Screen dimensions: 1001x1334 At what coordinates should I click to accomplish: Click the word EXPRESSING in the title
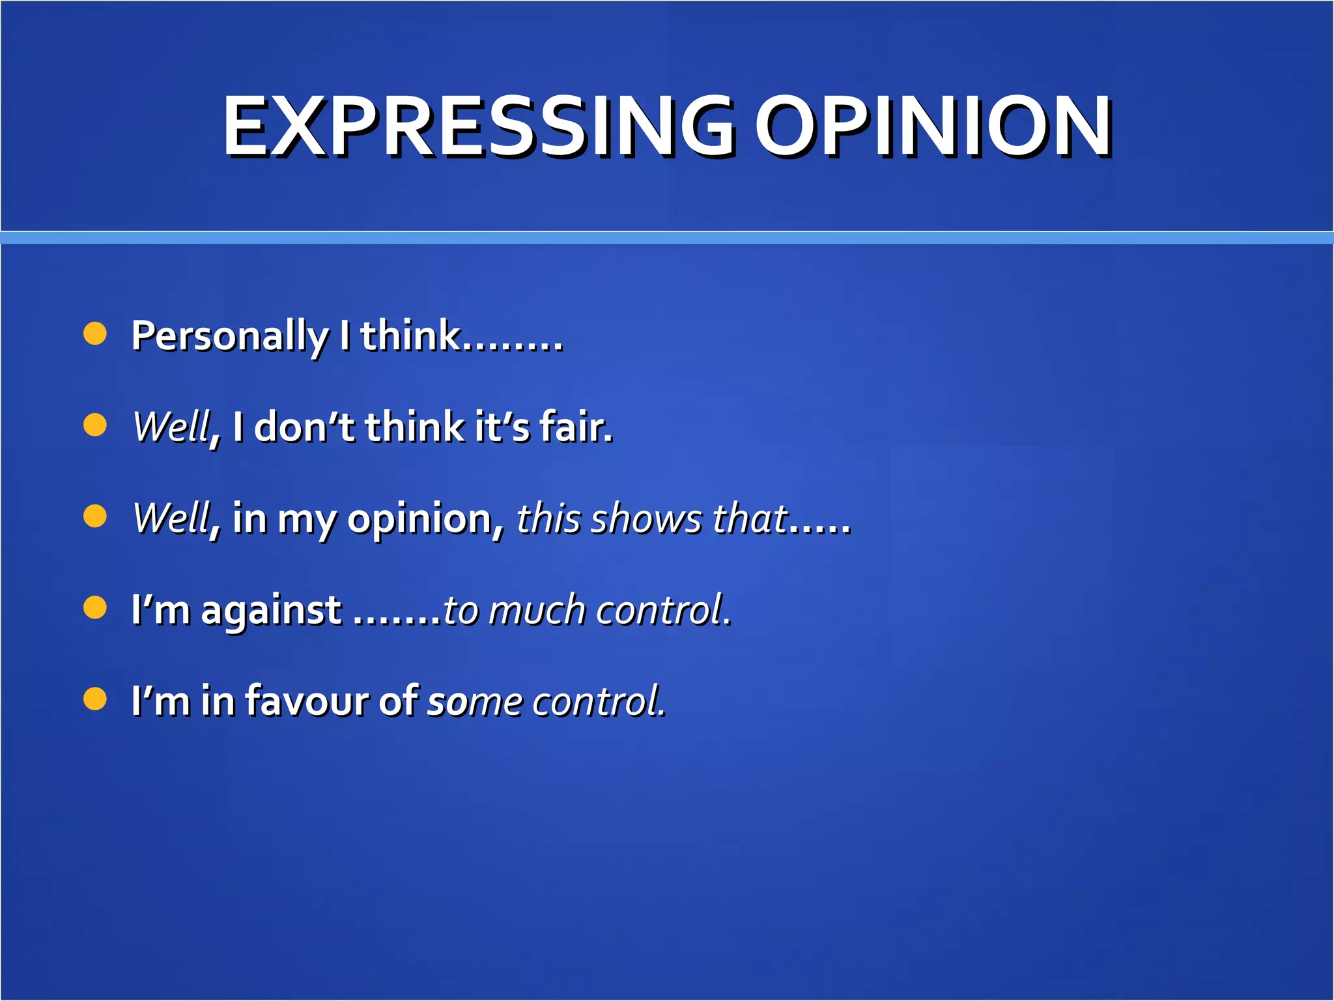pyautogui.click(x=479, y=126)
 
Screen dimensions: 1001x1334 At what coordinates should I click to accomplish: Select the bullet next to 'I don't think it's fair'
pyautogui.click(x=95, y=425)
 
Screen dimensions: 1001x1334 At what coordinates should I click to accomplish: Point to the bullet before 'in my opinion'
pyautogui.click(x=95, y=516)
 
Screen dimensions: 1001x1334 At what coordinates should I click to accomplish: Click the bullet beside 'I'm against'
pyautogui.click(x=95, y=607)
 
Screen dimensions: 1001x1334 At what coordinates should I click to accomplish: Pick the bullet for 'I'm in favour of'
pyautogui.click(x=95, y=699)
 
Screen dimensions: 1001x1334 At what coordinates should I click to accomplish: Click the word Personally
pyautogui.click(x=229, y=336)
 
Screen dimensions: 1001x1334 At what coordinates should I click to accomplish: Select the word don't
pyautogui.click(x=304, y=428)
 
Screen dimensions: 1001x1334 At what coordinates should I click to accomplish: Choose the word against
pyautogui.click(x=271, y=611)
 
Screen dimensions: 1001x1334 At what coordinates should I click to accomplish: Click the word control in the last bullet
pyautogui.click(x=599, y=701)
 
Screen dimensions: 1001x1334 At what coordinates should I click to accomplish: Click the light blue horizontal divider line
pyautogui.click(x=667, y=237)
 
